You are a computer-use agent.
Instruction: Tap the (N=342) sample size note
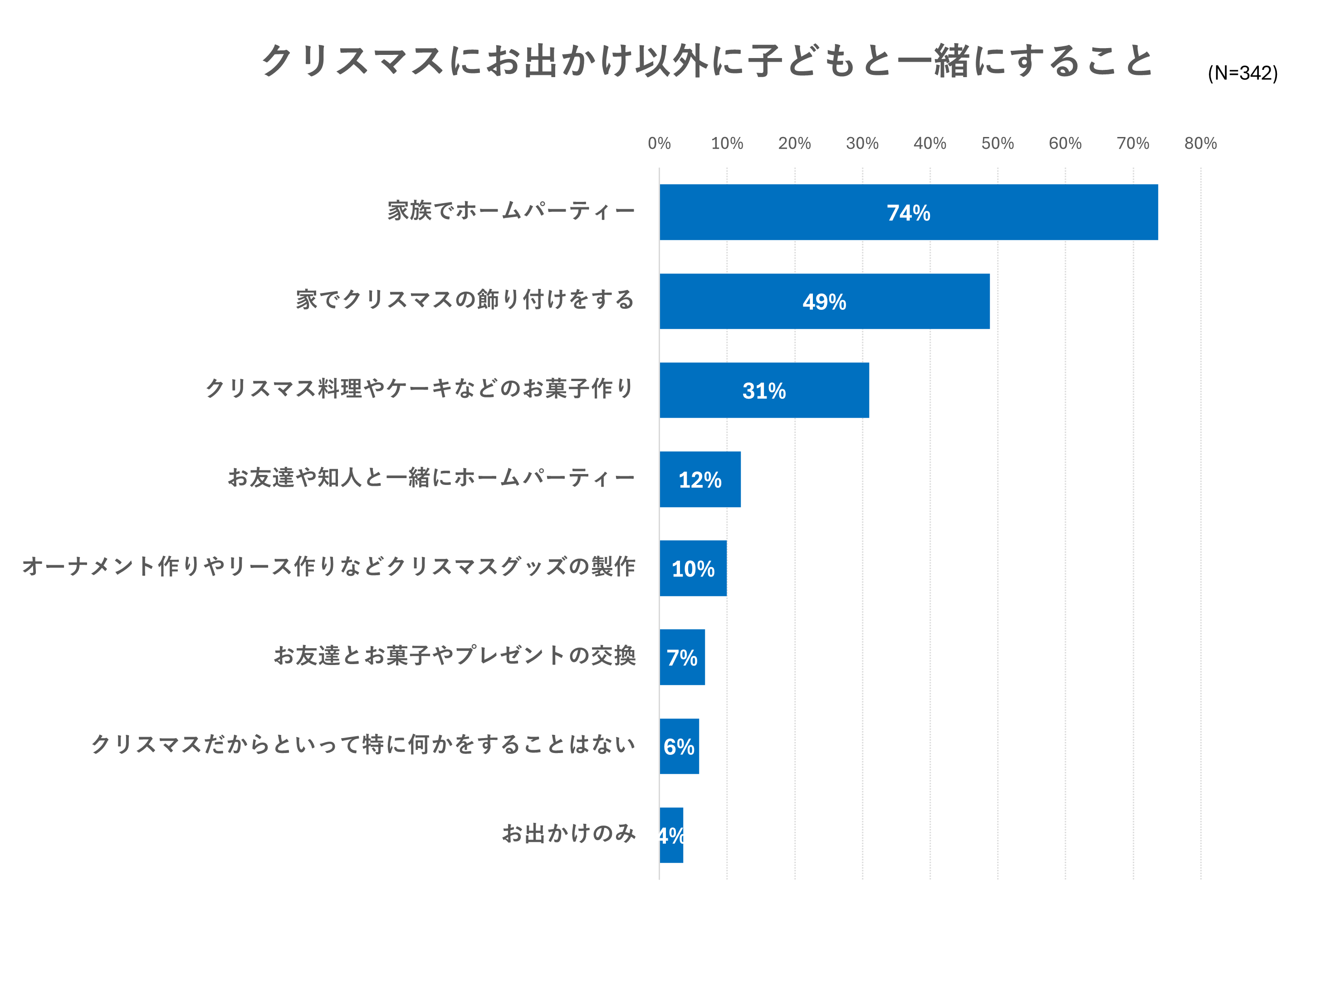pos(1242,73)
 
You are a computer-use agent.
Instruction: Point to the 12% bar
pos(699,479)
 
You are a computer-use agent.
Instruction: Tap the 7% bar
pos(682,657)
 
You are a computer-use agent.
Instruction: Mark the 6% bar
pos(679,746)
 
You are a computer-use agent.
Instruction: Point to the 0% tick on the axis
pos(659,143)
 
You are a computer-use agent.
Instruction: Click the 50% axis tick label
pos(997,143)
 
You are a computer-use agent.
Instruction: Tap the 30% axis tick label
pos(861,143)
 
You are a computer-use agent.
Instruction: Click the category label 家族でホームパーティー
pos(511,210)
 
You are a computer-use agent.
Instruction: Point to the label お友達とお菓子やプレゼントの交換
pos(455,655)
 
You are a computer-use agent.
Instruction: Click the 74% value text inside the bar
pos(908,213)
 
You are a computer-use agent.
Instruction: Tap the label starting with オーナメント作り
pos(328,567)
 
